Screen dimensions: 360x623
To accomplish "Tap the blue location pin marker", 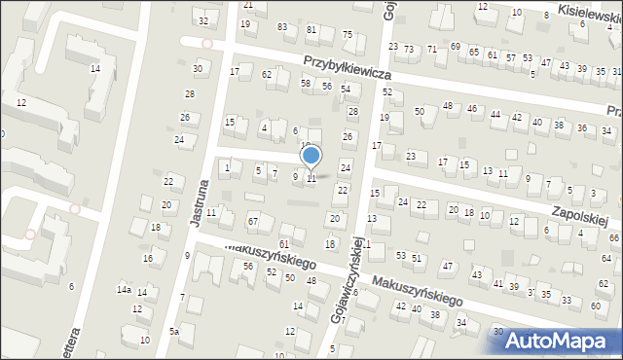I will pyautogui.click(x=311, y=157).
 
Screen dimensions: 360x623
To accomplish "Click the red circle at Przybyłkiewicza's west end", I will pyautogui.click(x=206, y=44).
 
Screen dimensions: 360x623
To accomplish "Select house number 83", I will pyautogui.click(x=282, y=26).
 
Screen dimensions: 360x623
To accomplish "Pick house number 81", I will pyautogui.click(x=311, y=30).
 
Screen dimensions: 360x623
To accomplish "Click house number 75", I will pyautogui.click(x=347, y=36).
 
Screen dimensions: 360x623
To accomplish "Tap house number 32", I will pyautogui.click(x=202, y=20).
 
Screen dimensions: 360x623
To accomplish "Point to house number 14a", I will pyautogui.click(x=124, y=290).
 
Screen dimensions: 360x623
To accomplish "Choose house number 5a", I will pyautogui.click(x=174, y=332).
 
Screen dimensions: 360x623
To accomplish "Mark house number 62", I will pyautogui.click(x=267, y=74).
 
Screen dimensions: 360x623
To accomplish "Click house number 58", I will pyautogui.click(x=306, y=84).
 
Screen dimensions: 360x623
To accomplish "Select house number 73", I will pyautogui.click(x=409, y=48).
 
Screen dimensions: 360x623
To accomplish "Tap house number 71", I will pyautogui.click(x=431, y=48).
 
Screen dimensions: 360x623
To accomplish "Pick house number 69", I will pyautogui.click(x=456, y=46).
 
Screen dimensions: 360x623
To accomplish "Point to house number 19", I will pyautogui.click(x=385, y=117).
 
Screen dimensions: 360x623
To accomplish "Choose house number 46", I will pyautogui.click(x=471, y=108).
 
